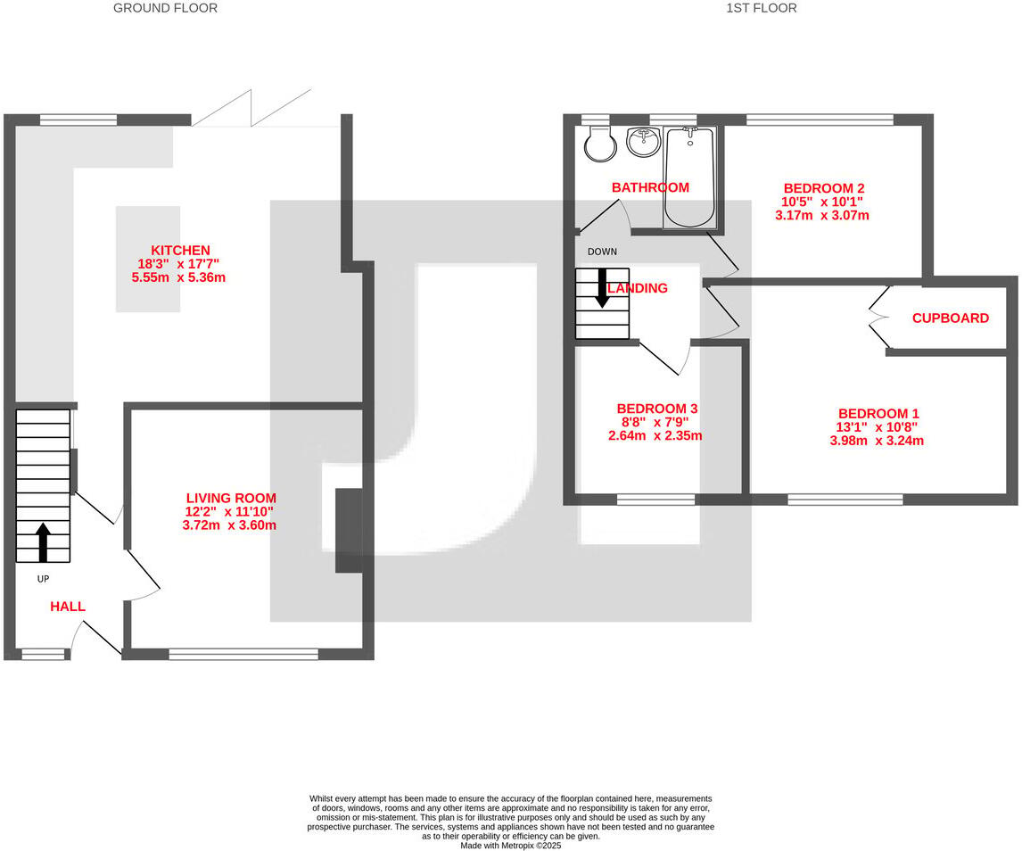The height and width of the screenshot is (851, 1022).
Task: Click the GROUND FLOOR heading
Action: click(165, 8)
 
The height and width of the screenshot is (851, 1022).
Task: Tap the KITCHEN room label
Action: click(180, 251)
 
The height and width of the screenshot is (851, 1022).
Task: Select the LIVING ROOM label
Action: click(231, 498)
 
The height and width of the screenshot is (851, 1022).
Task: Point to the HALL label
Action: click(68, 607)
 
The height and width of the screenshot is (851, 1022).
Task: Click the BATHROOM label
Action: click(649, 187)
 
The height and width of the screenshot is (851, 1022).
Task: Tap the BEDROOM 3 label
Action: click(656, 409)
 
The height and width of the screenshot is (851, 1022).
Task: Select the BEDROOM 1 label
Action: click(878, 414)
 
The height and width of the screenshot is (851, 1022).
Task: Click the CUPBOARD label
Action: click(950, 318)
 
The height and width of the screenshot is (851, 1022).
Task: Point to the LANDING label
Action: click(638, 288)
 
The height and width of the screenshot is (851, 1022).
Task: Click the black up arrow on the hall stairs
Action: click(43, 542)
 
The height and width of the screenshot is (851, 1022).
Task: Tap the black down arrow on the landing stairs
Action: click(602, 287)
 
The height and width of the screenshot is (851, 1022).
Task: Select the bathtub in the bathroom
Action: click(688, 178)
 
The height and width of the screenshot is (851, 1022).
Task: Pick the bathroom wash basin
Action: click(643, 141)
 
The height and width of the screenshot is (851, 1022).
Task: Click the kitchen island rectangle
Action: click(148, 259)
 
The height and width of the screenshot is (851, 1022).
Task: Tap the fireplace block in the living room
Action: click(348, 530)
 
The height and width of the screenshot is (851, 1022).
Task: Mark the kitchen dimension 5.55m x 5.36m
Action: click(178, 277)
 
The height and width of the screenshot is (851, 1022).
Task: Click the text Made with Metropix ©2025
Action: click(511, 845)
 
